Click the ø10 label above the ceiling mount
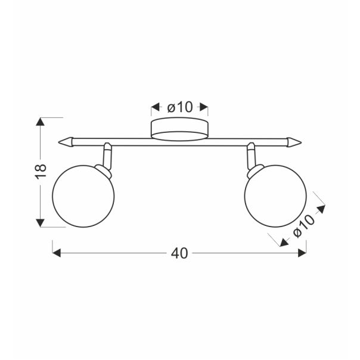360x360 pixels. [180, 107]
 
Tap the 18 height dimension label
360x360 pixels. [41, 171]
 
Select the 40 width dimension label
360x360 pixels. [179, 253]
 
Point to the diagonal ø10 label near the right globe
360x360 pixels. [304, 226]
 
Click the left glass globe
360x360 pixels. [83, 196]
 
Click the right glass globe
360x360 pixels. [275, 196]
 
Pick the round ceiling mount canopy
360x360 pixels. [179, 129]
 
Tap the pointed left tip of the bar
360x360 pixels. [59, 142]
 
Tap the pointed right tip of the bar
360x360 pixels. [301, 142]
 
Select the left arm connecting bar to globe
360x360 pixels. [107, 156]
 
